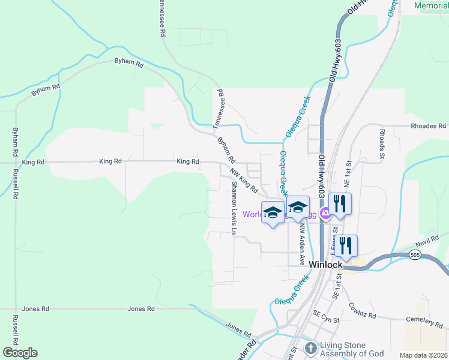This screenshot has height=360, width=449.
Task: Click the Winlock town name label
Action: coord(325,264)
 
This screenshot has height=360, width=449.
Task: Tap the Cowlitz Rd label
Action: coord(363,311)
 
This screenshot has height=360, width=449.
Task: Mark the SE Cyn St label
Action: coord(326,313)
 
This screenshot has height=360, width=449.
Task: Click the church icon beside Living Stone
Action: coord(311,348)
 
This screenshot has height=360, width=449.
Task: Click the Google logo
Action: coord(20,353)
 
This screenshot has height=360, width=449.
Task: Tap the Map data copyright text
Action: coord(423,355)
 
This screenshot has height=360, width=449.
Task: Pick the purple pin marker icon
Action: coord(325,212)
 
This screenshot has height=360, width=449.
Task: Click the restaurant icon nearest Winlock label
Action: coord(346,245)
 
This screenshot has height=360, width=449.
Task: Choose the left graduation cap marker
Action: coord(273,212)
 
